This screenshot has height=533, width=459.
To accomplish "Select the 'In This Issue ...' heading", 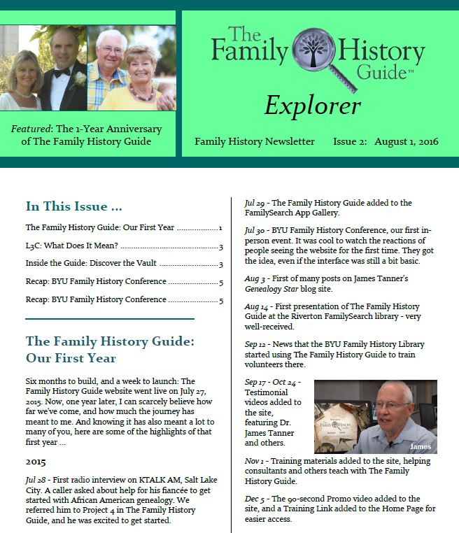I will point(74,206).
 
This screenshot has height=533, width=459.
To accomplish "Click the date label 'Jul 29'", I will point(253,203).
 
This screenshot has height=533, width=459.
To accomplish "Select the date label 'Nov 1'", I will point(255,462).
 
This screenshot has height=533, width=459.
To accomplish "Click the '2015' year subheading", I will point(36,462).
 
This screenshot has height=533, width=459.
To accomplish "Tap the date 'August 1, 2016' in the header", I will point(406,141).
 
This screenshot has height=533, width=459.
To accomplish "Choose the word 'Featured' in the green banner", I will point(34,129).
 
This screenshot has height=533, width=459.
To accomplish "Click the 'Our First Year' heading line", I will point(71,359).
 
